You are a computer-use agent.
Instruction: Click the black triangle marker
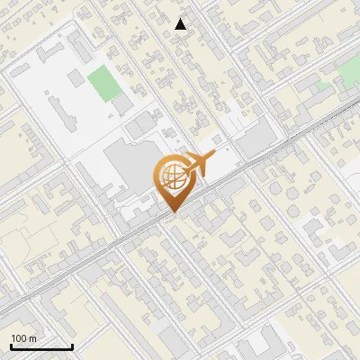pos(181,24)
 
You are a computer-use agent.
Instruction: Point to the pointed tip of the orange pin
pos(171,213)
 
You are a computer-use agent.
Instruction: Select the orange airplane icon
pos(200,166)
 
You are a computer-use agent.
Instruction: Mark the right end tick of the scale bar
pos(72,346)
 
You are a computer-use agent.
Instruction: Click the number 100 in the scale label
pos(18,338)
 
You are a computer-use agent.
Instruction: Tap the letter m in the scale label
pos(32,338)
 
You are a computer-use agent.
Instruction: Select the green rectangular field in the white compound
pos(103,83)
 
